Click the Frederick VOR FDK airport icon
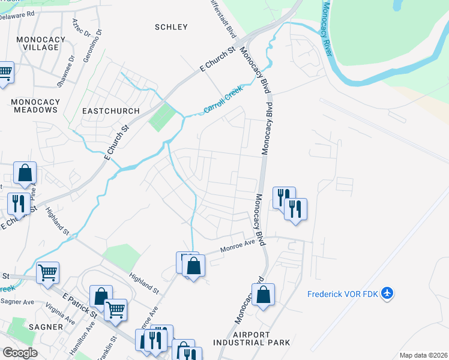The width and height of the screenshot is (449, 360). point(388,293)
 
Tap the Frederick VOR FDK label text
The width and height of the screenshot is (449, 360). point(343,294)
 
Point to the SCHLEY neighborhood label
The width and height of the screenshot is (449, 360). point(171,27)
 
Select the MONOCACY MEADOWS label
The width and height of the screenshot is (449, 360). point(34,106)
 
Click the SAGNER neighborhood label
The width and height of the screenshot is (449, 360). point(45,327)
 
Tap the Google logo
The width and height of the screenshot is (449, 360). point(20,352)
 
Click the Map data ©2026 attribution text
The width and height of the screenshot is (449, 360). point(423,355)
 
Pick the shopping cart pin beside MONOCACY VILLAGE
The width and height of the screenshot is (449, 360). point(5,73)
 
